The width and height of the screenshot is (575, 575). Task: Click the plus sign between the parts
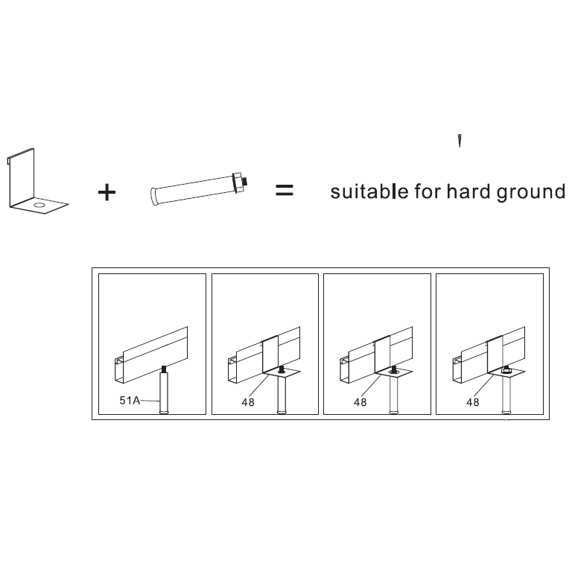(x=107, y=192)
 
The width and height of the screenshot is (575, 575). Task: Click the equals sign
(x=285, y=190)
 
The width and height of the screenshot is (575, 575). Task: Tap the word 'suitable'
(x=369, y=191)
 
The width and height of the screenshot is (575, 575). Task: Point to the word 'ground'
(x=531, y=192)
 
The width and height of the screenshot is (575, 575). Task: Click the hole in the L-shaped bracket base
(x=39, y=205)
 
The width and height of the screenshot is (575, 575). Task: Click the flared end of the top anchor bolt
(x=155, y=197)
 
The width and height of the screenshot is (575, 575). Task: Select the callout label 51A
(x=130, y=400)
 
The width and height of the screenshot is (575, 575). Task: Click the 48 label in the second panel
(x=248, y=402)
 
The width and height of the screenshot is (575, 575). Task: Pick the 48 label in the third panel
(x=360, y=402)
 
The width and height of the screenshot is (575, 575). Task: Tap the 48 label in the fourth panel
(x=473, y=402)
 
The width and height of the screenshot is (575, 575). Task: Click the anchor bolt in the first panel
(x=164, y=390)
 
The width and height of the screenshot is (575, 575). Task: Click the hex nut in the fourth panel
(x=506, y=371)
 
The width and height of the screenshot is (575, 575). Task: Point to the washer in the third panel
(x=394, y=372)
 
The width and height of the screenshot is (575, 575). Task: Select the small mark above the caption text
(x=460, y=141)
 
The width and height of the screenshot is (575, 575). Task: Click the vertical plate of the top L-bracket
(x=22, y=177)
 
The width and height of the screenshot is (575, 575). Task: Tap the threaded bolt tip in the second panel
(x=282, y=369)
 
